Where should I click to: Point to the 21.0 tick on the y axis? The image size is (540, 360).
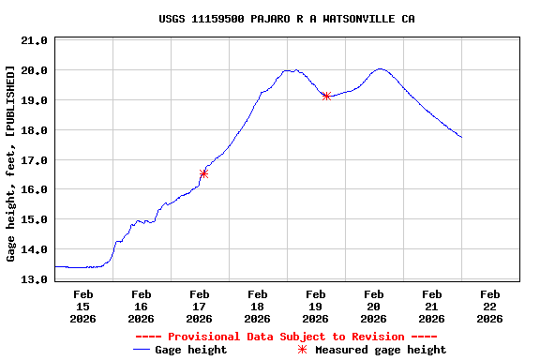point(34,40)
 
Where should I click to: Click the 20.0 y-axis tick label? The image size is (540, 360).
point(34,70)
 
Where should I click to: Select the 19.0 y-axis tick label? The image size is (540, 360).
point(34,100)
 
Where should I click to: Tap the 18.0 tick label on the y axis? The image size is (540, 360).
point(34,130)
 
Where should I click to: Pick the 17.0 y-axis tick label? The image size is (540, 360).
point(34,160)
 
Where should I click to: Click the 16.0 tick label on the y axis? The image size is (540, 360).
point(34,190)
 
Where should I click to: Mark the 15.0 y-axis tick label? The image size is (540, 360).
point(34,220)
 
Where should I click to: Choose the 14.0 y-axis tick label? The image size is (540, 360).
point(34,250)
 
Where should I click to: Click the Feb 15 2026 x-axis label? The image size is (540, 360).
point(82,306)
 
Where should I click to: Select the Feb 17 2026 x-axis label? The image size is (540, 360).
point(199,306)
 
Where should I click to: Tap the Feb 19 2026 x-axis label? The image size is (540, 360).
point(315,306)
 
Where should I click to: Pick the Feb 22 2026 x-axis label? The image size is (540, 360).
point(489,306)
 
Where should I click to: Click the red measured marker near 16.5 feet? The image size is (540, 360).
point(203,173)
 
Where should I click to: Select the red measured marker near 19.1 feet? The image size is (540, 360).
point(326,96)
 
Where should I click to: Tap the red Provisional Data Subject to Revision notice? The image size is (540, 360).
point(286,337)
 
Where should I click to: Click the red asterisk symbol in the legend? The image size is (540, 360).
point(301,350)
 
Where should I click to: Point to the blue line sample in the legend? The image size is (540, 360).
point(142,350)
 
